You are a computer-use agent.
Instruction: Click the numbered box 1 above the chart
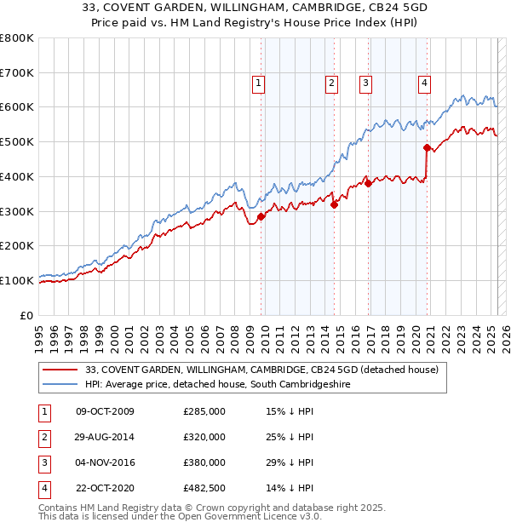coord(257,83)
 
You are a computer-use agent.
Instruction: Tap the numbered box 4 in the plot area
coord(423,83)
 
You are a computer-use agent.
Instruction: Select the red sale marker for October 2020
coord(427,147)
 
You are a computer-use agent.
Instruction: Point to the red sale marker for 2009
coord(261,216)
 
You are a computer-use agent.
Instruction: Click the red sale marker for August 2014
coord(335,204)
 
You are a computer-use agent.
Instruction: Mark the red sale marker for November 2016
coord(368,183)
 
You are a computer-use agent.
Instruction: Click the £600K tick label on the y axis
coord(18,107)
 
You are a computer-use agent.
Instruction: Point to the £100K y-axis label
coord(18,280)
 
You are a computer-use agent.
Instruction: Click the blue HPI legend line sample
coord(60,385)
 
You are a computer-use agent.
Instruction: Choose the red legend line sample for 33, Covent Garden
coord(60,370)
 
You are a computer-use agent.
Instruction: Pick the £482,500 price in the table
coord(204,489)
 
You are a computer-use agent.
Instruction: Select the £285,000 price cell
coord(204,411)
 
